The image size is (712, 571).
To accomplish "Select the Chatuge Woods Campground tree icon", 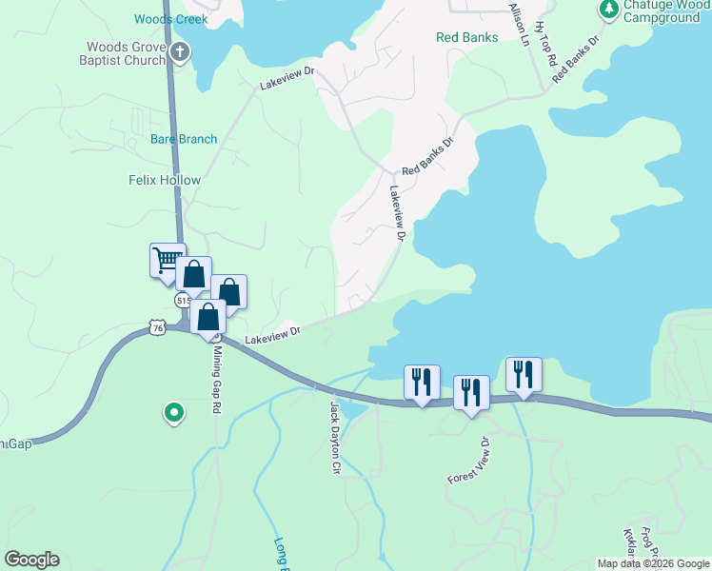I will pyautogui.click(x=608, y=10).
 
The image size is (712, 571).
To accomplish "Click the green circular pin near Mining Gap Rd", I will pyautogui.click(x=173, y=412).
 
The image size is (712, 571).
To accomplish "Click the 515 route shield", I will pyautogui.click(x=183, y=300).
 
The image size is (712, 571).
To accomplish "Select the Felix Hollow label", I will pyautogui.click(x=165, y=180).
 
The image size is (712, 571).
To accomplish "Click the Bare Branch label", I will pyautogui.click(x=184, y=139).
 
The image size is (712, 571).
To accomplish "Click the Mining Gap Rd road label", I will pyautogui.click(x=216, y=377).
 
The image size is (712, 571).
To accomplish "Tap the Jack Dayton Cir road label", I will pyautogui.click(x=334, y=438).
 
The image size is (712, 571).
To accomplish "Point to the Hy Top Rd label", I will pyautogui.click(x=545, y=44).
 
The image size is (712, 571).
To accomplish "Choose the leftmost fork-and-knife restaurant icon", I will pyautogui.click(x=421, y=382).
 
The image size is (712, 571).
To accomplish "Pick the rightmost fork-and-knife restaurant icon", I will pyautogui.click(x=524, y=373).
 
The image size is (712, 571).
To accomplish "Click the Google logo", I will pyautogui.click(x=31, y=560).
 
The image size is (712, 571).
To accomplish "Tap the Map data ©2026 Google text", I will pyautogui.click(x=652, y=563).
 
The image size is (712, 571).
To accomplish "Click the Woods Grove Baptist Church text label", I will pyautogui.click(x=125, y=53).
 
